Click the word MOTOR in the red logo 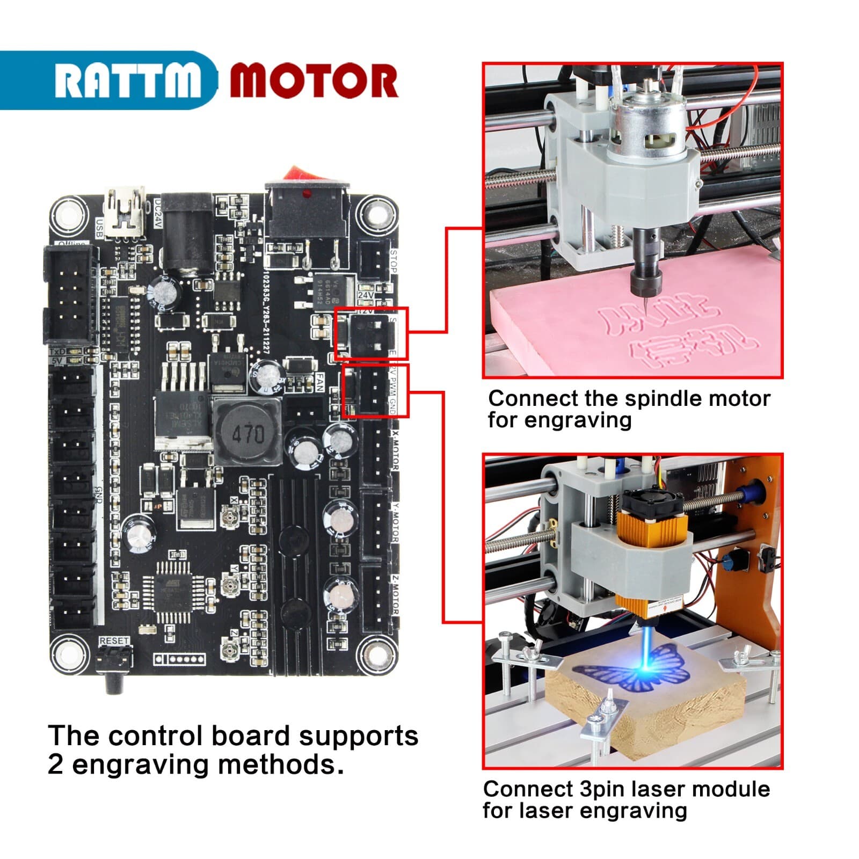point(314,81)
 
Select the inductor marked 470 point(247,432)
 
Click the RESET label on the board point(114,641)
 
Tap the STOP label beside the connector point(394,261)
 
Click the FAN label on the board point(319,383)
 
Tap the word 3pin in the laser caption point(603,790)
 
